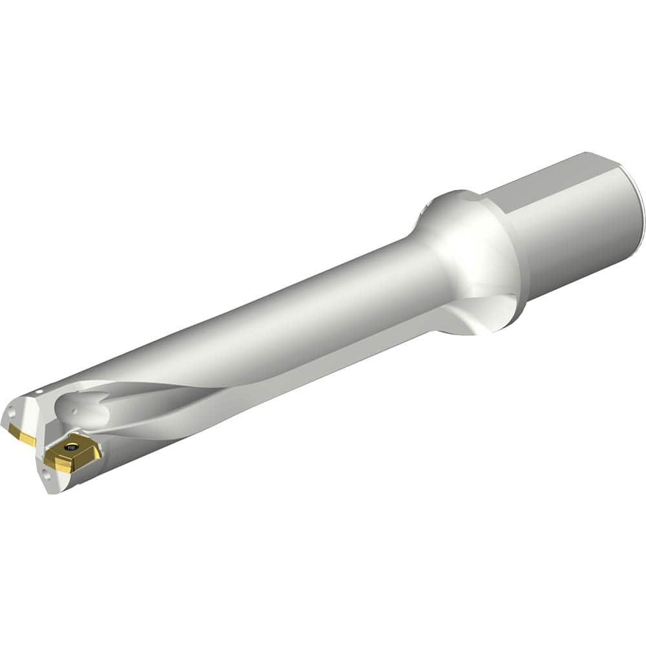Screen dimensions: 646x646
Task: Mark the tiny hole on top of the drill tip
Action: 39,391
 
